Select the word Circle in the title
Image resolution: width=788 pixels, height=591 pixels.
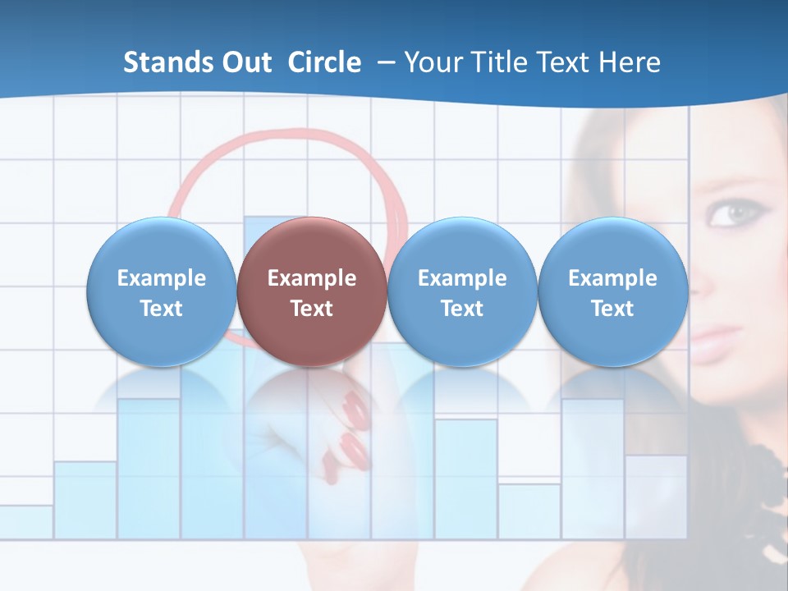pyautogui.click(x=324, y=62)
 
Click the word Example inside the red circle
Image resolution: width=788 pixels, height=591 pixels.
pyautogui.click(x=311, y=278)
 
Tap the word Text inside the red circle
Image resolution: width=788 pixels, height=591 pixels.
pyautogui.click(x=311, y=309)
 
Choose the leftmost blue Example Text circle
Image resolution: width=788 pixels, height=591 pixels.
pyautogui.click(x=161, y=292)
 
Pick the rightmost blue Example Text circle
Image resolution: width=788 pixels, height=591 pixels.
pyautogui.click(x=612, y=292)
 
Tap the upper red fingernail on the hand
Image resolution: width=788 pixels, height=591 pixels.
pyautogui.click(x=355, y=408)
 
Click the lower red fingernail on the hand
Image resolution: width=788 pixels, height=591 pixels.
pyautogui.click(x=352, y=450)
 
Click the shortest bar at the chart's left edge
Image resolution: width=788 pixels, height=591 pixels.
pyautogui.click(x=26, y=522)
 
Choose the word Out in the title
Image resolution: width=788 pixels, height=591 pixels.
pyautogui.click(x=246, y=62)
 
